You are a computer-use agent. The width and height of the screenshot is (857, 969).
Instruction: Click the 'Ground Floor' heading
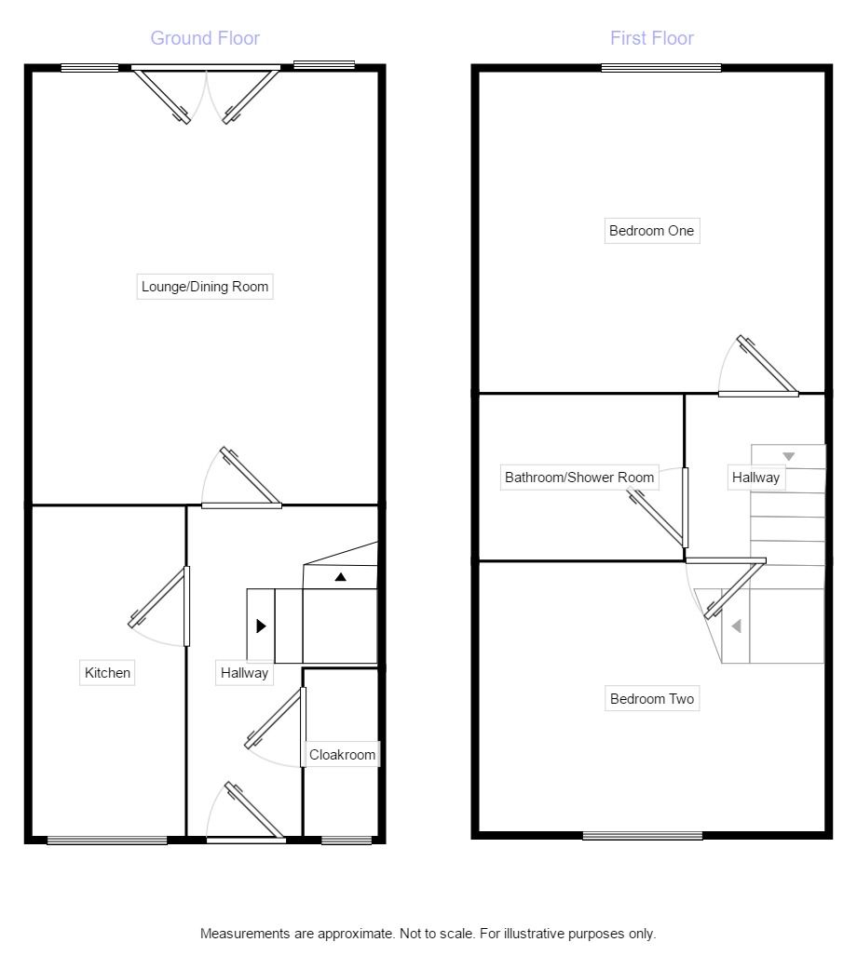coord(205,38)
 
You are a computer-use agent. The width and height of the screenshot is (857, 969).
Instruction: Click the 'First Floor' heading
coord(652,38)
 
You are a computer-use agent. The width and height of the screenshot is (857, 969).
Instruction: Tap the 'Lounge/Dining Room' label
coord(205,287)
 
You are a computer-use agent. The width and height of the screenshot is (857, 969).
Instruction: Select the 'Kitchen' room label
coord(108,672)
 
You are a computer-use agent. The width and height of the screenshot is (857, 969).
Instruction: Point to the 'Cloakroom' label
coord(343,755)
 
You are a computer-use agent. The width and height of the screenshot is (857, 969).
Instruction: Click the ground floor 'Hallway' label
coord(244,672)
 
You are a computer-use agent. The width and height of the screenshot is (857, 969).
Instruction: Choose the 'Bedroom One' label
coord(651,231)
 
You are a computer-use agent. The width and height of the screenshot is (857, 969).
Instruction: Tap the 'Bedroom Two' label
coord(652,699)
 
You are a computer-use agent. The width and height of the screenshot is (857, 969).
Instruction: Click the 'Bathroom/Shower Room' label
coord(579,478)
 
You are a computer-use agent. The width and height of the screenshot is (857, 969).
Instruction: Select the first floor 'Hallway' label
coord(755,478)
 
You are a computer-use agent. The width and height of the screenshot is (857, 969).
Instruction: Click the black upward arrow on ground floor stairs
coord(341,577)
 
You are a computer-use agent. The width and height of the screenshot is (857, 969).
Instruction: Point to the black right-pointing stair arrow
coord(261,626)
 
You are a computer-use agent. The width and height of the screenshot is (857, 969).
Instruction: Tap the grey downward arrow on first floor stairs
coord(789,457)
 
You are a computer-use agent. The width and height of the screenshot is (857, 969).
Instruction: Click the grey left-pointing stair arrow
coord(735,626)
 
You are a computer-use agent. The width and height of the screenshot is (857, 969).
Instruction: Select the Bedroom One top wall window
coord(661,67)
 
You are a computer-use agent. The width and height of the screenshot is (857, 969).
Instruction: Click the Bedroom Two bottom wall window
coord(643,836)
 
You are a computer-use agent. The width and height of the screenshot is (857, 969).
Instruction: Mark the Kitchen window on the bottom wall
coord(107,841)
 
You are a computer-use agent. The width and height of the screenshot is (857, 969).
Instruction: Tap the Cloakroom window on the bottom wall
coord(347,841)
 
